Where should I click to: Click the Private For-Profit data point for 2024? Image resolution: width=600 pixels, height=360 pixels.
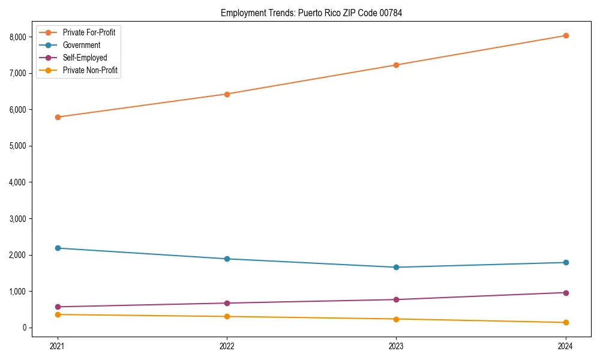pyautogui.click(x=565, y=35)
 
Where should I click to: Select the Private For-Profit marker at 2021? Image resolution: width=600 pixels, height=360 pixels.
pyautogui.click(x=58, y=117)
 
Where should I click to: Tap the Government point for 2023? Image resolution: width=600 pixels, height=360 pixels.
pyautogui.click(x=396, y=267)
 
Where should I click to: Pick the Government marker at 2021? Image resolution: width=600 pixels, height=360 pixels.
pyautogui.click(x=58, y=248)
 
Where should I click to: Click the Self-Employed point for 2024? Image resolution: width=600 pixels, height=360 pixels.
pyautogui.click(x=565, y=293)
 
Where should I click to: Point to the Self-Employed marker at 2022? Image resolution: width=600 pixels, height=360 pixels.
pyautogui.click(x=227, y=303)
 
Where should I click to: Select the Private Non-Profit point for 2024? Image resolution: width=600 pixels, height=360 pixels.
pyautogui.click(x=565, y=323)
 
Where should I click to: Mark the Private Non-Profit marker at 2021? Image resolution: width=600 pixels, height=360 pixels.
pyautogui.click(x=58, y=314)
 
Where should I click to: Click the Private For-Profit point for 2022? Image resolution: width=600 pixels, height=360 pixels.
pyautogui.click(x=227, y=94)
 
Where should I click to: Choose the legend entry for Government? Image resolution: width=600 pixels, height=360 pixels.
pyautogui.click(x=81, y=45)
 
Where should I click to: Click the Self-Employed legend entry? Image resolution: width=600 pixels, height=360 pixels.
pyautogui.click(x=85, y=58)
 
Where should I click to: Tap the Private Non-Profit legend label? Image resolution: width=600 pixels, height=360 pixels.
pyautogui.click(x=90, y=70)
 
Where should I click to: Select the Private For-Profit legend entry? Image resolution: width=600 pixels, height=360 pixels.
pyautogui.click(x=89, y=32)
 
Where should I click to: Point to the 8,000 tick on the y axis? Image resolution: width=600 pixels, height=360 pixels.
pyautogui.click(x=18, y=37)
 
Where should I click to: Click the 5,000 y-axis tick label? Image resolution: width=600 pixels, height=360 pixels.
pyautogui.click(x=18, y=146)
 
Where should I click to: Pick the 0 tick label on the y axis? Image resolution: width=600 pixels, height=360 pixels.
pyautogui.click(x=24, y=328)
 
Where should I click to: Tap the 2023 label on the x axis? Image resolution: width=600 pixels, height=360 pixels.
pyautogui.click(x=396, y=346)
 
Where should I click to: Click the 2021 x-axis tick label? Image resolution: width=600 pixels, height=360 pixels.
pyautogui.click(x=58, y=346)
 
